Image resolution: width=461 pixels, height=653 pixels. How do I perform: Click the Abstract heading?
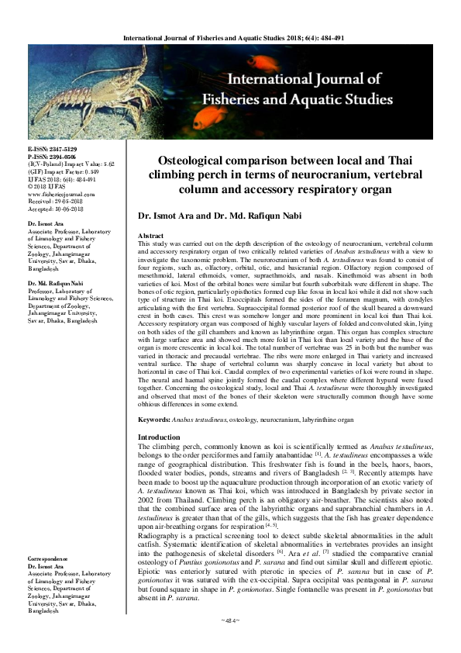[150, 233]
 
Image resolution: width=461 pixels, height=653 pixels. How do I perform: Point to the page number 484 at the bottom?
[229, 641]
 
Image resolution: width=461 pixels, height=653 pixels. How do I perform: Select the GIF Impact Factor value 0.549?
[91, 171]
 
